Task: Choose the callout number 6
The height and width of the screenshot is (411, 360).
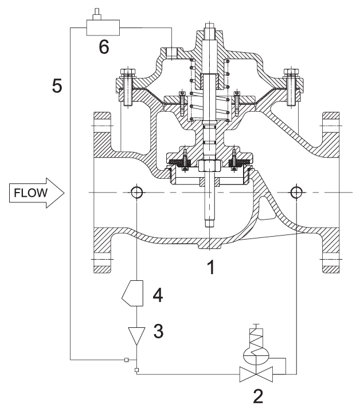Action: click(x=104, y=47)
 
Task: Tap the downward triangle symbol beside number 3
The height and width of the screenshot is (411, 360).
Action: click(x=137, y=335)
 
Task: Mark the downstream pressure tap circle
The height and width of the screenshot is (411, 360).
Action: click(x=297, y=191)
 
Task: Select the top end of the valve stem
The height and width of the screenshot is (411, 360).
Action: click(x=212, y=26)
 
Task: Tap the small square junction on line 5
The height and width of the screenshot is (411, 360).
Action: click(x=127, y=359)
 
